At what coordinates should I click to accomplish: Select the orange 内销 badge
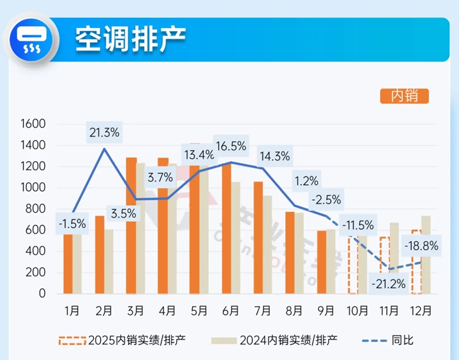click(x=404, y=96)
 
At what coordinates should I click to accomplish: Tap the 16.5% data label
click(x=231, y=147)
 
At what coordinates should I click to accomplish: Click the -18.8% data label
click(x=421, y=246)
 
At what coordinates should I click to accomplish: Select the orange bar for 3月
click(x=131, y=226)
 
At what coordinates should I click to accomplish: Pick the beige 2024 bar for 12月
click(x=426, y=255)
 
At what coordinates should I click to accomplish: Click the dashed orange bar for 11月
click(x=385, y=265)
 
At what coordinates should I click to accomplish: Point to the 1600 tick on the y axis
click(x=33, y=124)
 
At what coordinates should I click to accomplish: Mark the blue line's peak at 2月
click(x=104, y=148)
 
